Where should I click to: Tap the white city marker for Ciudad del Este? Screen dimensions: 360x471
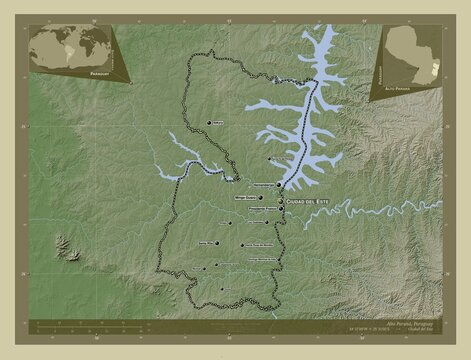point(281,200)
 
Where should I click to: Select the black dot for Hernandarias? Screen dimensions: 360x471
point(279,185)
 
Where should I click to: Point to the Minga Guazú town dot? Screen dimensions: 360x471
point(261,198)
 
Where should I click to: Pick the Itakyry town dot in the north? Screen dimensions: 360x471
point(210,122)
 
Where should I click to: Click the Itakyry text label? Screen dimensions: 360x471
point(219,122)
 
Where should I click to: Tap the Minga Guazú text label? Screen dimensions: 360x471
point(245,198)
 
